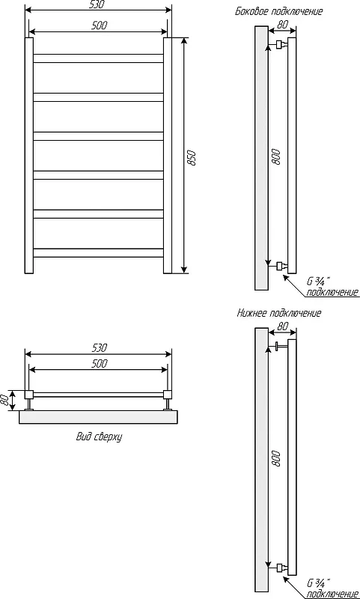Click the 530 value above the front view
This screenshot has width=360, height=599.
[99, 4]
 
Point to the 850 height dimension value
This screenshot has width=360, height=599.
[193, 158]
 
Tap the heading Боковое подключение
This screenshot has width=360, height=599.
[278, 11]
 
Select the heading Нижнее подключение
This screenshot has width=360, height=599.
[279, 314]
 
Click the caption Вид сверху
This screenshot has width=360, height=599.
[99, 437]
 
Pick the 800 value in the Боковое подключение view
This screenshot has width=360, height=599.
[276, 157]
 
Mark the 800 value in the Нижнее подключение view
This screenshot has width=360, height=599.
[276, 458]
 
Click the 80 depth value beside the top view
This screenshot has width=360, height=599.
[5, 401]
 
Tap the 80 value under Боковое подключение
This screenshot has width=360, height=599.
[282, 25]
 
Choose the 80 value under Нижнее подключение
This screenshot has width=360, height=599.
[282, 326]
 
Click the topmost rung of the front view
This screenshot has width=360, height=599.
[99, 58]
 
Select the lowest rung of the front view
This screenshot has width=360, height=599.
[99, 253]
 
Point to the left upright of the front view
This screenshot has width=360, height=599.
[29, 156]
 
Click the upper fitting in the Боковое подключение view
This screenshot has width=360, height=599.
[281, 45]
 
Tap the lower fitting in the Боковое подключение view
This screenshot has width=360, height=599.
[281, 266]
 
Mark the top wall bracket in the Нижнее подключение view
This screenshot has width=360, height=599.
[281, 347]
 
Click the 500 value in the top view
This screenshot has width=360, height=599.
[99, 363]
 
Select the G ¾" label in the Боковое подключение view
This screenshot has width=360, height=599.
[316, 282]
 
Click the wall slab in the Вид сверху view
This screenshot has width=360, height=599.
[99, 417]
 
